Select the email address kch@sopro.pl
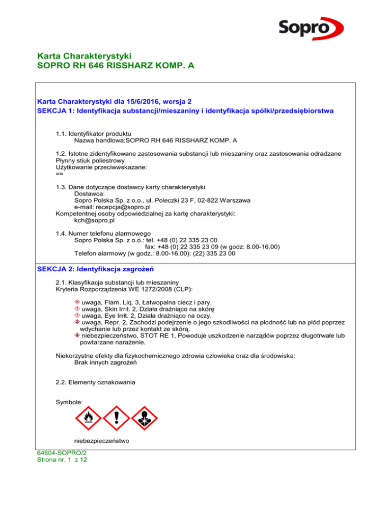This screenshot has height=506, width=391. pos(94,221)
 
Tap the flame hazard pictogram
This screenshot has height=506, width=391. pos(88,418)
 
